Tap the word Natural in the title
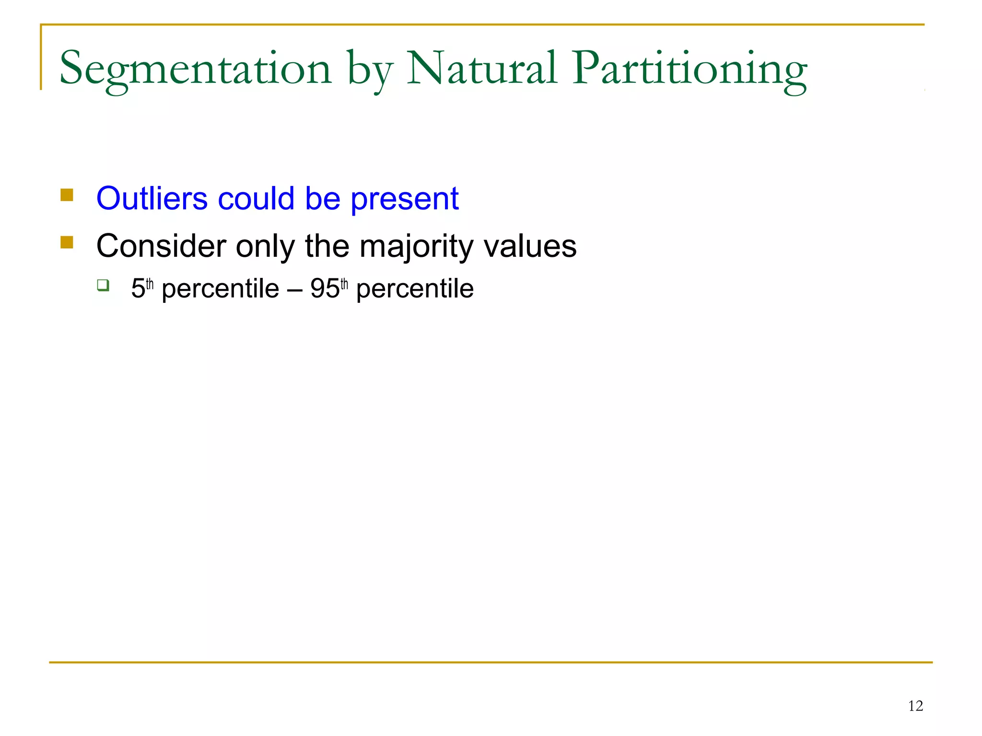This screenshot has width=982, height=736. tap(481, 68)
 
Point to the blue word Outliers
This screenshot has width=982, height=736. tap(152, 198)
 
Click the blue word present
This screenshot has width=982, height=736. tap(405, 199)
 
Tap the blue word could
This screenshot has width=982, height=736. tap(256, 198)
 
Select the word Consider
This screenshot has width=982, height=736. tap(161, 246)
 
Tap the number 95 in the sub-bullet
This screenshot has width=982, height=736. tap(325, 289)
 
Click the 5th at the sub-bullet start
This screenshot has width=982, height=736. tap(141, 288)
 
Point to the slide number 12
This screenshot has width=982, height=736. tap(915, 706)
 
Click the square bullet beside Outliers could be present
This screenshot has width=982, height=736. tap(67, 195)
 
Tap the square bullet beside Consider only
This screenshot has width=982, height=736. tap(67, 242)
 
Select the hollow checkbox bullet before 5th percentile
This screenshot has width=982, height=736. tap(103, 286)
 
